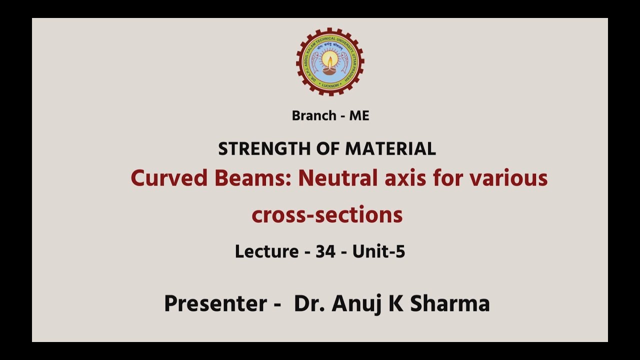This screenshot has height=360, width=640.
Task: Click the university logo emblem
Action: [330, 61]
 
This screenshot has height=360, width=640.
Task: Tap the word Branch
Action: [313, 116]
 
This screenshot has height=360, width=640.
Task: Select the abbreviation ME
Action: [359, 116]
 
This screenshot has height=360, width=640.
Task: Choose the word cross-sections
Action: [327, 215]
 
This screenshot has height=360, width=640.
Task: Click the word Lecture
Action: [266, 251]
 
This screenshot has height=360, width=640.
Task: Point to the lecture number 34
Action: [325, 251]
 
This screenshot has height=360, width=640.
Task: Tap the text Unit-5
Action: [378, 251]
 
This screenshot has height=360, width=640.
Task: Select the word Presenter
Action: [215, 303]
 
